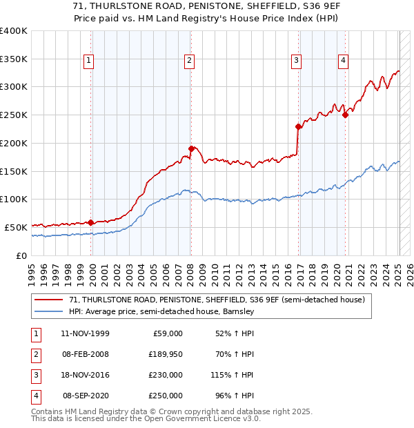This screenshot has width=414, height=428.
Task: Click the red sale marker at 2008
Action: coord(191,148)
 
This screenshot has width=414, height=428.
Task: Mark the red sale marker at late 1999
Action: coord(91,222)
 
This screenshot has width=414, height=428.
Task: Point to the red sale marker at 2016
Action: coord(298,126)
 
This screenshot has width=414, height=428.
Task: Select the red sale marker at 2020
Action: coord(345,115)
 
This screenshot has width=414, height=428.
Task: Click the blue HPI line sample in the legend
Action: coord(49,311)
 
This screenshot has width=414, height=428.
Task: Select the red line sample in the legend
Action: coord(49,300)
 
